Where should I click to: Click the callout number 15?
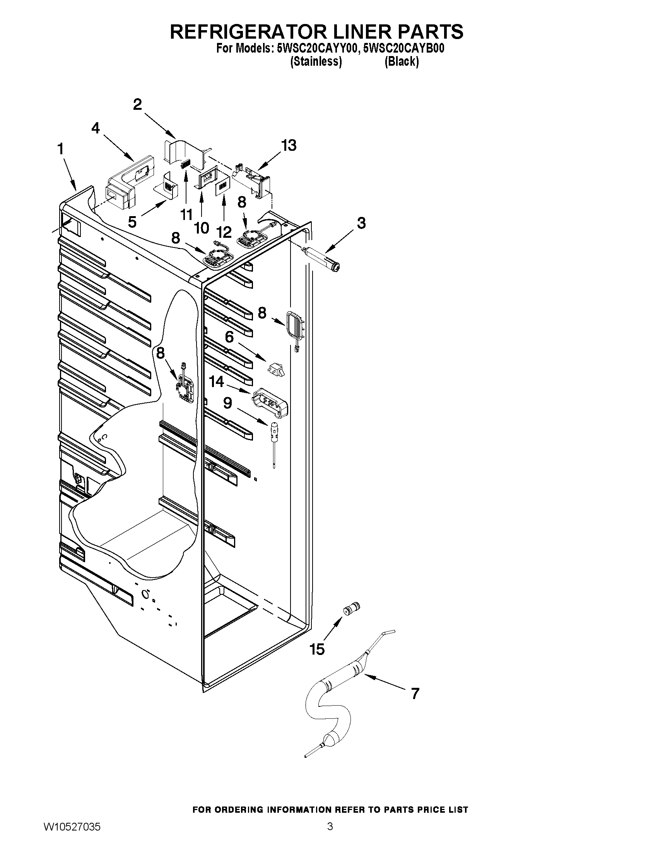pos(317,649)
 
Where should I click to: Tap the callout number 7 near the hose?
pos(415,694)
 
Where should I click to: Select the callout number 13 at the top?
pos(289,145)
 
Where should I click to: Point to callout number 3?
pos(361,223)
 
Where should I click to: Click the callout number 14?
pos(217,382)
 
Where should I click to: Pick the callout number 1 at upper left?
pos(60,148)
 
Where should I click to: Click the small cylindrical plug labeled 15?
pos(352,608)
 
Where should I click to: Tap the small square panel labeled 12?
pos(222,186)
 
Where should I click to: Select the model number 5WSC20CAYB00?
pos(403,49)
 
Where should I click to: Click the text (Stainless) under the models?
pos(316,61)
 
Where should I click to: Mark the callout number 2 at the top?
pos(137,104)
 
